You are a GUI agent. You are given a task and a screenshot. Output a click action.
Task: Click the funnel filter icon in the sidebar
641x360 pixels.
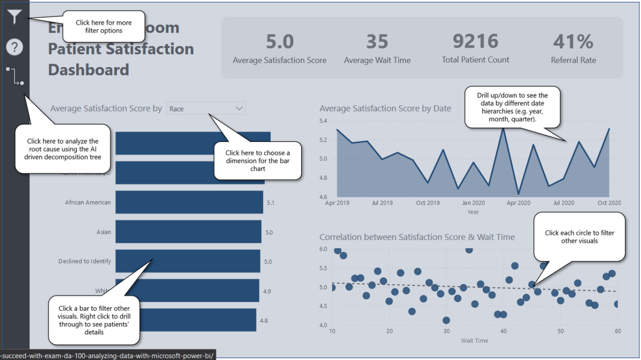(15, 17)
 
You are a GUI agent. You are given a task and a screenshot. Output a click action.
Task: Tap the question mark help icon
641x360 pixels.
(15, 47)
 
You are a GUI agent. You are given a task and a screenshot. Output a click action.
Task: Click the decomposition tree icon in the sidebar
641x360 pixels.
(15, 76)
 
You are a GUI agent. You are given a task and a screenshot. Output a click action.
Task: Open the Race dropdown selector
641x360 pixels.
(206, 108)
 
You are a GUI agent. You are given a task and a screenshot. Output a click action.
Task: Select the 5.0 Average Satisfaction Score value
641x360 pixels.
(280, 42)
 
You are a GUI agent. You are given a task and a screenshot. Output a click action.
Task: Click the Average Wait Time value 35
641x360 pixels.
(377, 42)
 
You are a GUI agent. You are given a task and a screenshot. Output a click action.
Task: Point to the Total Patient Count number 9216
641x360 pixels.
(475, 41)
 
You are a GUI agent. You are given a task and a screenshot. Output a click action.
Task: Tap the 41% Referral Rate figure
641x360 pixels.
(573, 42)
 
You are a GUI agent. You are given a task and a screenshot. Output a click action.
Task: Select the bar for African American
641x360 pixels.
(189, 202)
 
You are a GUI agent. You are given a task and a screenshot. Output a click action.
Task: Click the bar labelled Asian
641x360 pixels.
(188, 232)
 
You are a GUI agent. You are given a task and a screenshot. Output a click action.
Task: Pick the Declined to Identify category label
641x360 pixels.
(84, 261)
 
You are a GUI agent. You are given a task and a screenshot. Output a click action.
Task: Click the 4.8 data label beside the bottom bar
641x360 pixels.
(264, 321)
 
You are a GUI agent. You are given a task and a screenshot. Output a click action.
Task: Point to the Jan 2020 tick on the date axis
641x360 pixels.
(473, 203)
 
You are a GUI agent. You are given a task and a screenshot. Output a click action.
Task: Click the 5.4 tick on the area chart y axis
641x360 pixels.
(324, 120)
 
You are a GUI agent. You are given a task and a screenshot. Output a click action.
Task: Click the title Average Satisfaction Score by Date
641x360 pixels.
(385, 108)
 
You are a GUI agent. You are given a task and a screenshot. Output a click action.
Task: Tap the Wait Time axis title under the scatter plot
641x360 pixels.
(474, 341)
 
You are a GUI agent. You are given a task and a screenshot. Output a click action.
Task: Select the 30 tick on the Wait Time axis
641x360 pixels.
(446, 331)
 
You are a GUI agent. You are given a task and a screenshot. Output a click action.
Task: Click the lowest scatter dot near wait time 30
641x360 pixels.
(446, 320)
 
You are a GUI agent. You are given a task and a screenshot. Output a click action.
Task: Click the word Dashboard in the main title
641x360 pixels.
(88, 69)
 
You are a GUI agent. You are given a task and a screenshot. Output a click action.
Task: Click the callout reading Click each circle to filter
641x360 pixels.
(579, 237)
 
